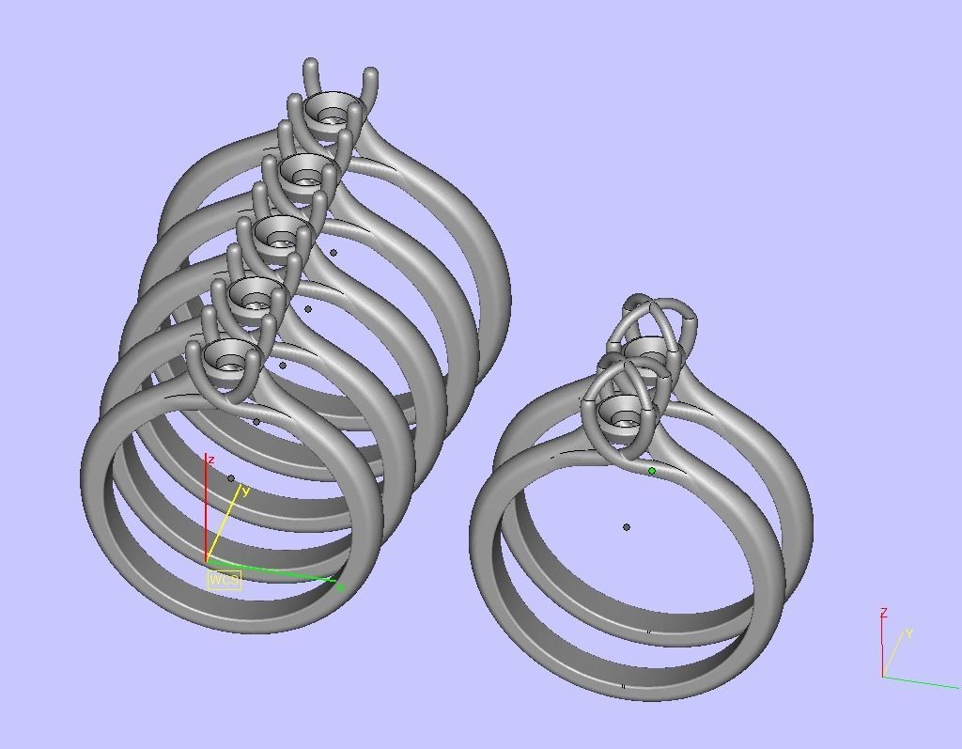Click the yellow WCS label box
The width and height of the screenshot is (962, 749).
[224, 579]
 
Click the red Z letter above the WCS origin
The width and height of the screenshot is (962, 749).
[211, 460]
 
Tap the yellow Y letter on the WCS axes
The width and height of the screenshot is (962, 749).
[245, 491]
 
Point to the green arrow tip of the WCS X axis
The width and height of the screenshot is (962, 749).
[339, 587]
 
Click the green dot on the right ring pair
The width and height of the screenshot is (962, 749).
[652, 471]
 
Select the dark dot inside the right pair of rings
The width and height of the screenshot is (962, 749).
[627, 527]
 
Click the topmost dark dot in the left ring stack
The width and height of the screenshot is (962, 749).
[334, 252]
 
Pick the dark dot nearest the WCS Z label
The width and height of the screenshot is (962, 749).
[231, 478]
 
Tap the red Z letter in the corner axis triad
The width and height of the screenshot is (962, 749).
[883, 613]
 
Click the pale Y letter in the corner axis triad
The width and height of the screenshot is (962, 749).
[909, 633]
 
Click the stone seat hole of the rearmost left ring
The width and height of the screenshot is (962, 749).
[331, 117]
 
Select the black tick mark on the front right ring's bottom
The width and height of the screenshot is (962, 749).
[624, 687]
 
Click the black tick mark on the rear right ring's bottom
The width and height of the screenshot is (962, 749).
[648, 632]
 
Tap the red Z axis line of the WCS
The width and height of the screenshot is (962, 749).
[207, 512]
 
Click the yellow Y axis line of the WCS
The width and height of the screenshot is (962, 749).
[223, 527]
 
